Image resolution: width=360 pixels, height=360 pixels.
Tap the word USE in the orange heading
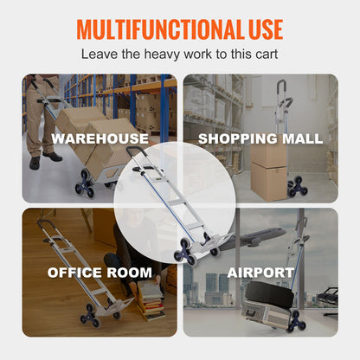[261, 29]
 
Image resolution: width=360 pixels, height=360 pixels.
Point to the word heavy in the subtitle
[146, 55]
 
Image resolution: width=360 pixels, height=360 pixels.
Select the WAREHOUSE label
[100, 138]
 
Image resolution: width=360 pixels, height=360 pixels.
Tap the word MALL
[300, 138]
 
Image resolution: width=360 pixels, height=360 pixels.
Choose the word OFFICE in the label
[77, 273]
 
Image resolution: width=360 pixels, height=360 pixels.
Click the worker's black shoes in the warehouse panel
[43, 159]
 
